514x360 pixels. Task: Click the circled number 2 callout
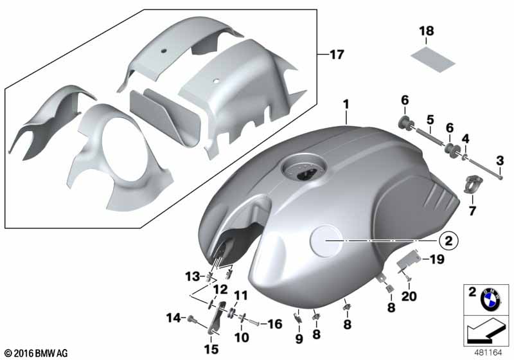pyautogui.click(x=448, y=241)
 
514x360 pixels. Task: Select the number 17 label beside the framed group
pyautogui.click(x=337, y=55)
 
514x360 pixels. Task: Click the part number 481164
pyautogui.click(x=488, y=353)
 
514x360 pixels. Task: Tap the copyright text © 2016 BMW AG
pyautogui.click(x=36, y=353)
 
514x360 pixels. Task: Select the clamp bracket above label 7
pyautogui.click(x=472, y=184)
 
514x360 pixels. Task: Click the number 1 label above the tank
pyautogui.click(x=346, y=105)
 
